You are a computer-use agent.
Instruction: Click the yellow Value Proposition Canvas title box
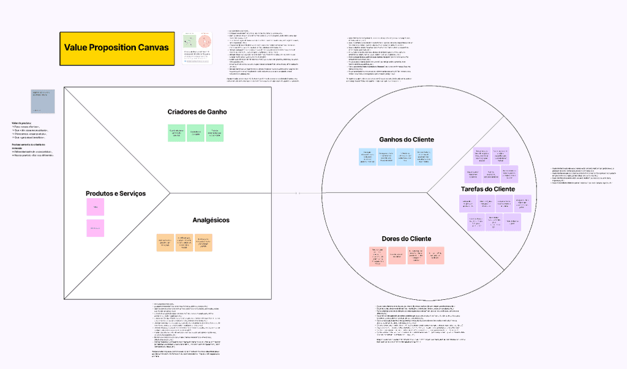click(x=116, y=48)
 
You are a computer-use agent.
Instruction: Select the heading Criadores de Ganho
click(x=197, y=112)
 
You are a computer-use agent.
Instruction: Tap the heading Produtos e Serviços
click(x=116, y=193)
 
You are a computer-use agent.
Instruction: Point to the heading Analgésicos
click(x=211, y=220)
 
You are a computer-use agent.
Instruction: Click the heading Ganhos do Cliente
click(x=407, y=140)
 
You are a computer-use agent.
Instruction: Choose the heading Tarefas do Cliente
click(x=487, y=189)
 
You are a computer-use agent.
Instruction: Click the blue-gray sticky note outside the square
click(x=43, y=101)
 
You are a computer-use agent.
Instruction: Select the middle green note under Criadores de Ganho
click(x=196, y=133)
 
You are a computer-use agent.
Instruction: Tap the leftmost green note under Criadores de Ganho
click(x=176, y=133)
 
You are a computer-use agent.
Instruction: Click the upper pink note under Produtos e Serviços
click(x=95, y=207)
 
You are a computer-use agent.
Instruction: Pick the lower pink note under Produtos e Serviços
click(x=95, y=228)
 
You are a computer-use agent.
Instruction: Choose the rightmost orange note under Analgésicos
click(x=204, y=243)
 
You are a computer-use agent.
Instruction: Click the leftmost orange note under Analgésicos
click(x=165, y=243)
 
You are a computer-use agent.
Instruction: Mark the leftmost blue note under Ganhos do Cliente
click(x=367, y=157)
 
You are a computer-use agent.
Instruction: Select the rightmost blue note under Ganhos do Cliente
click(x=424, y=157)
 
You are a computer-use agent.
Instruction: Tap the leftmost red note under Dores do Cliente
click(x=378, y=256)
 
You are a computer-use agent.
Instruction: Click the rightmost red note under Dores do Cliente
click(x=435, y=256)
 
